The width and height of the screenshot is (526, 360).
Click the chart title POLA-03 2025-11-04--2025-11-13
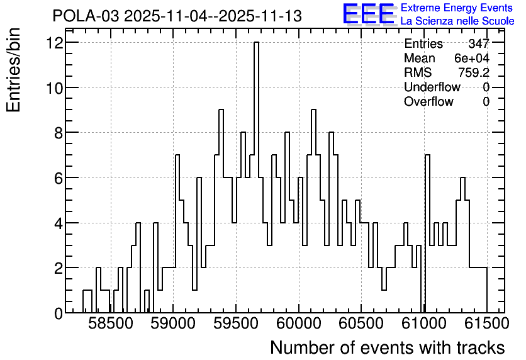(x=177, y=16)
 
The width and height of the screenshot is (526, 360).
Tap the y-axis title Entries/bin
(x=13, y=70)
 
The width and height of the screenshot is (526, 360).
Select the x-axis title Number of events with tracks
(x=388, y=347)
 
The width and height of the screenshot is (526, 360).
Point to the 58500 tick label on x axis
(x=111, y=323)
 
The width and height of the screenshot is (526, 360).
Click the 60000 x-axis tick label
(x=299, y=323)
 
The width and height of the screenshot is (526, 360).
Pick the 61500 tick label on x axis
(x=487, y=323)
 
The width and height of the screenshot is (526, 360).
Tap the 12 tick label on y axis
(x=55, y=43)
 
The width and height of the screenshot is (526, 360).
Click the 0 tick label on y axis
(x=59, y=313)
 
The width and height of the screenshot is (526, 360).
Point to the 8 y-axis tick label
(x=59, y=133)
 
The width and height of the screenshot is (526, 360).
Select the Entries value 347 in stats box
(x=479, y=43)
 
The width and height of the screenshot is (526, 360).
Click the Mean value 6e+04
(x=472, y=59)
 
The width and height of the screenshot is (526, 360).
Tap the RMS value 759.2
(x=474, y=72)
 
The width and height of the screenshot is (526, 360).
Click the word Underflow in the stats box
(x=432, y=87)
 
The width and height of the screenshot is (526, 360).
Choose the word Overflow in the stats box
(x=428, y=101)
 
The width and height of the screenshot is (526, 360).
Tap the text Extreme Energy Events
(x=457, y=8)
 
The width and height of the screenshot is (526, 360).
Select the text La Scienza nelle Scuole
(x=457, y=21)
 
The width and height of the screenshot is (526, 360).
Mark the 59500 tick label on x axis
(x=236, y=323)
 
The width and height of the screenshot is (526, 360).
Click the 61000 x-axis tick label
(x=424, y=323)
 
